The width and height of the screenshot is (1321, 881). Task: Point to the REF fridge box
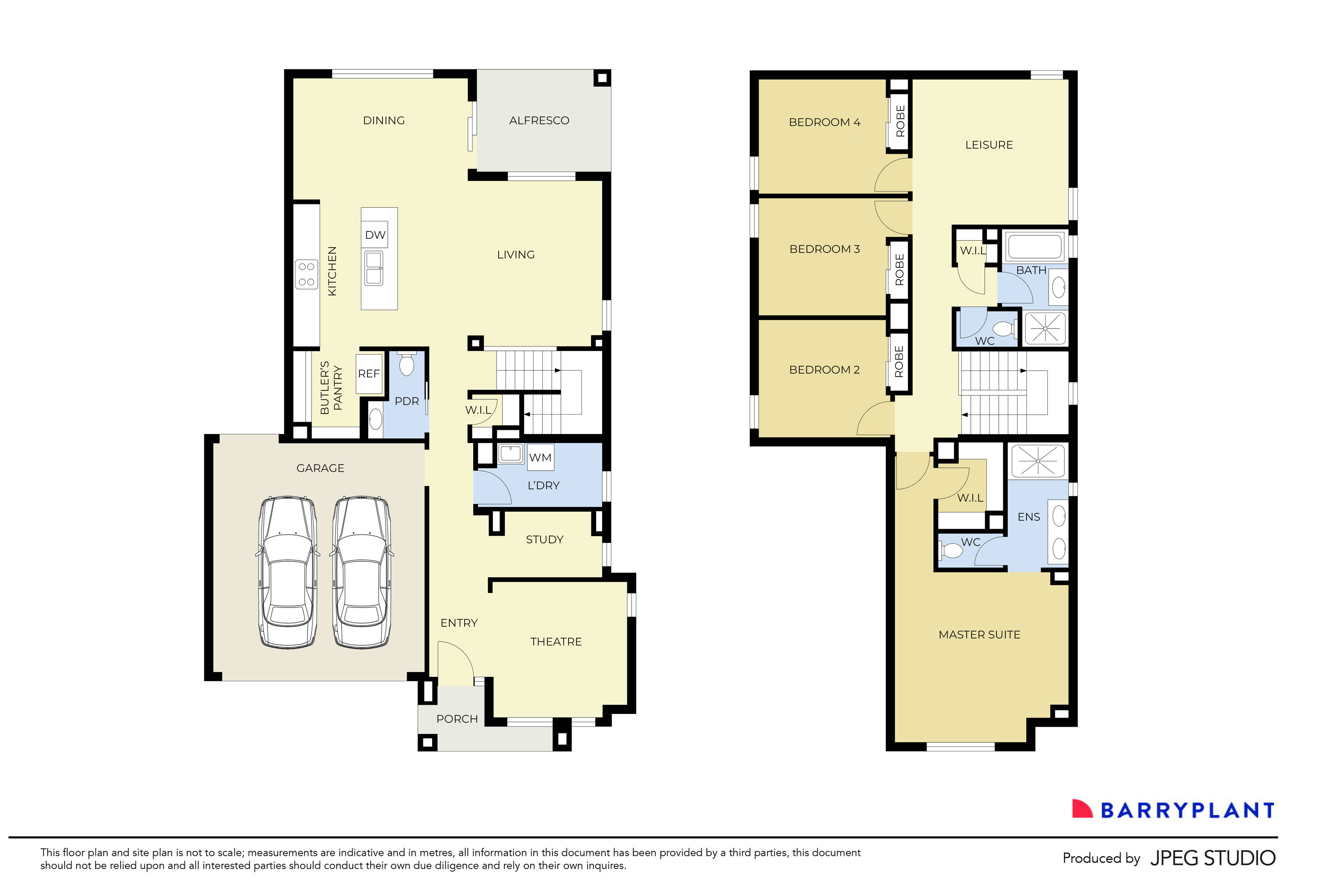[x=369, y=374]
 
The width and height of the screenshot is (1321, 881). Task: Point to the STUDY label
[x=544, y=539]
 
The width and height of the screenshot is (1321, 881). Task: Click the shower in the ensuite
[x=1037, y=461]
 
